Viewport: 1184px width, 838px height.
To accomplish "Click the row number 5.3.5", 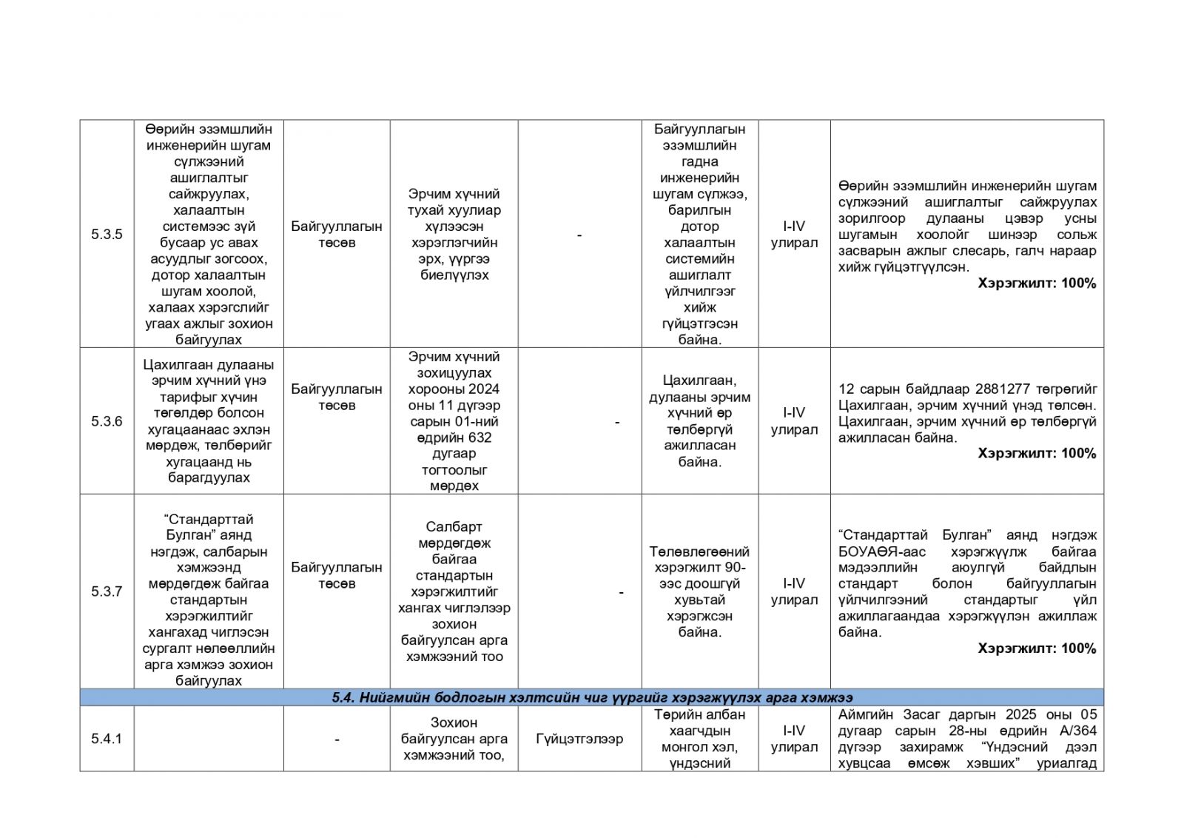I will coord(107,234).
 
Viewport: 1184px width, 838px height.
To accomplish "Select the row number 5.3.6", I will coord(107,421).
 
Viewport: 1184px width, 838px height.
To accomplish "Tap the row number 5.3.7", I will coord(107,591).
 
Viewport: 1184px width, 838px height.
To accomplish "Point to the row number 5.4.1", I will coord(107,738).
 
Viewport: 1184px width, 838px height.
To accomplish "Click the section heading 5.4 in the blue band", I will coord(591,697).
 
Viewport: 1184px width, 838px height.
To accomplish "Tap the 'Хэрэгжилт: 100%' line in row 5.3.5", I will coord(1036,283).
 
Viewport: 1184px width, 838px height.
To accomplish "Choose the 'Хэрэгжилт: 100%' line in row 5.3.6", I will coord(1036,453).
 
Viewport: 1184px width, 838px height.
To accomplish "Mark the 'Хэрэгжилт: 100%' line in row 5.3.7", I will coord(1036,648).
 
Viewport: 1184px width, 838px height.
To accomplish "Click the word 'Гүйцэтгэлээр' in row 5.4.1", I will coord(579,739).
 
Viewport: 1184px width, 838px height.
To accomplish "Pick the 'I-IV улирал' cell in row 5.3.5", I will coord(794,235).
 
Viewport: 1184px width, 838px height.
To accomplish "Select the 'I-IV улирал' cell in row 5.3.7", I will coord(794,591).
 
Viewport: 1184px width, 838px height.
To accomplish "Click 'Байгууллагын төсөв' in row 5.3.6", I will coord(337,398).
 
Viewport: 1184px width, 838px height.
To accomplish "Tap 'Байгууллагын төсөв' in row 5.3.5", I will coord(337,235).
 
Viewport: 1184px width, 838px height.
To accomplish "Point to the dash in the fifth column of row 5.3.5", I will coord(579,235).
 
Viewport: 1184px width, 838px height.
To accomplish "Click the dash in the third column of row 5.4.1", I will coord(337,739).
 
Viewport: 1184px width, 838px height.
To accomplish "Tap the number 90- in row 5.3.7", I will coord(735,568).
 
